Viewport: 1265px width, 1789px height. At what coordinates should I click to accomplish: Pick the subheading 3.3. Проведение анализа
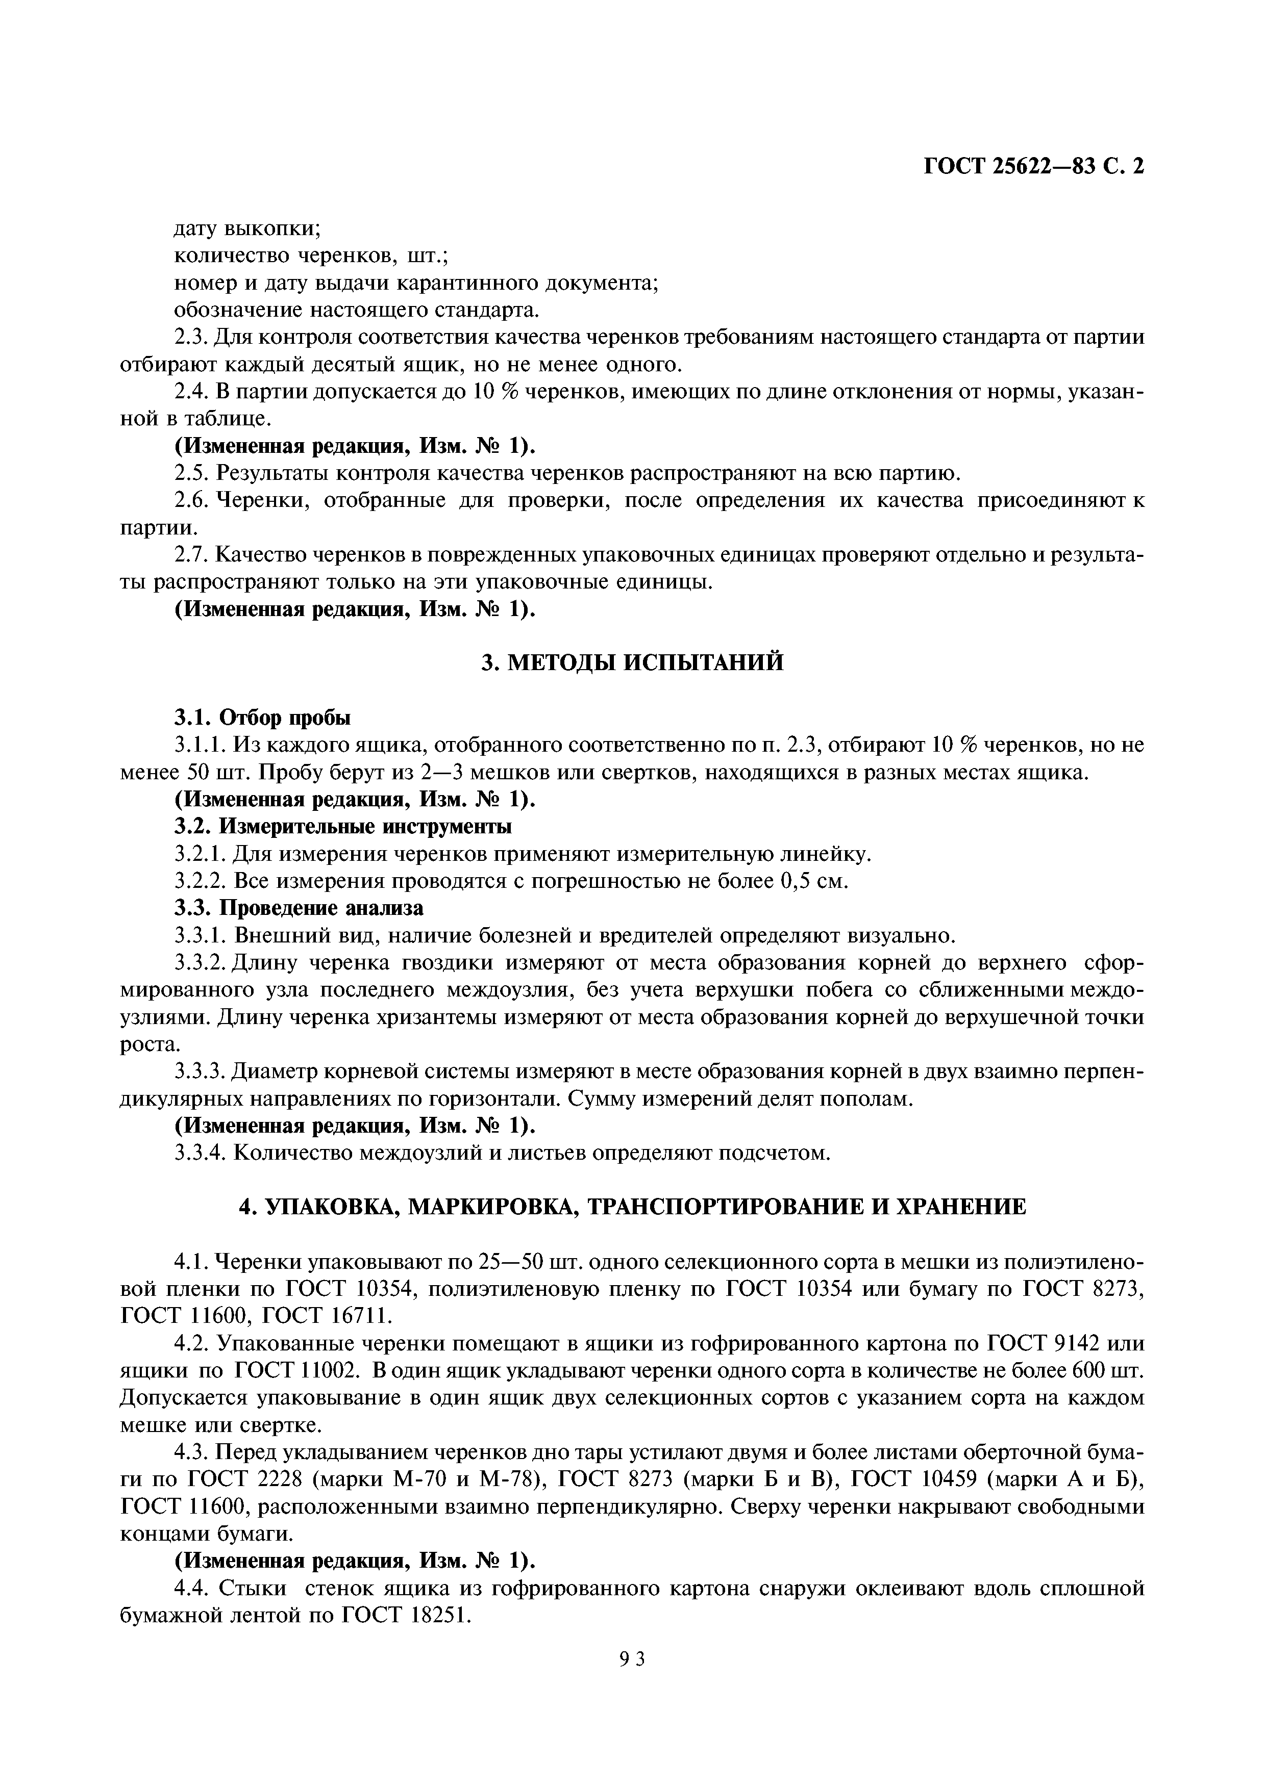click(x=299, y=908)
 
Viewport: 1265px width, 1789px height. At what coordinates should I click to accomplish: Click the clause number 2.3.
click(x=190, y=338)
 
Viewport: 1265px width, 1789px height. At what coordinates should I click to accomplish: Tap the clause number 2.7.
click(x=190, y=555)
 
